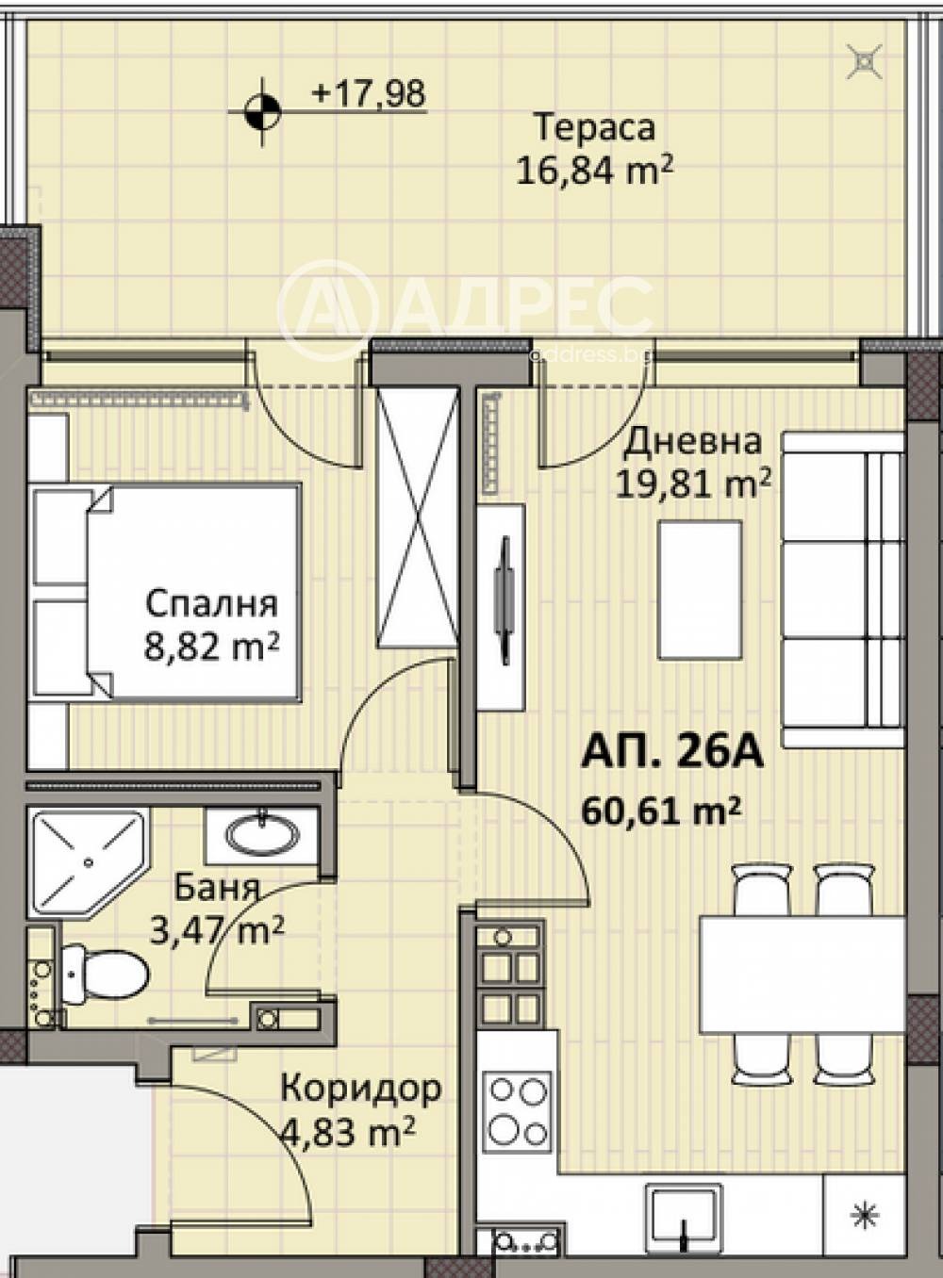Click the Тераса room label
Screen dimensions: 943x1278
tap(595, 128)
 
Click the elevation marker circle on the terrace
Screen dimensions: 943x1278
tap(262, 111)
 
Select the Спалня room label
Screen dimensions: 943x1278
tap(211, 604)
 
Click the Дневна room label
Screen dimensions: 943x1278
tap(692, 442)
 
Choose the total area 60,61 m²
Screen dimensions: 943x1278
tap(661, 811)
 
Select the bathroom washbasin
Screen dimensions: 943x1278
tap(261, 837)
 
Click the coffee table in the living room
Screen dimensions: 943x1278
tap(700, 591)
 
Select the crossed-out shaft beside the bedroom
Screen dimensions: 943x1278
tap(417, 517)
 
